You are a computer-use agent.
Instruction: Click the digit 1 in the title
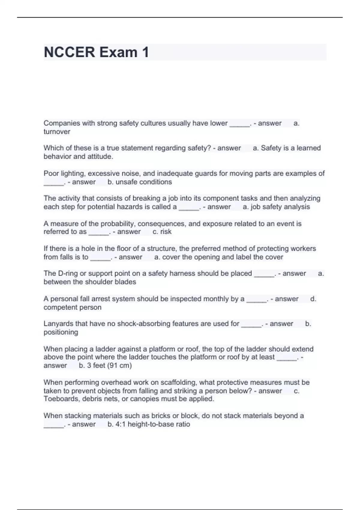pos(145,52)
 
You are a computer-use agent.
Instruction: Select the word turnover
pos(57,132)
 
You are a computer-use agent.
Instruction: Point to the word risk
pos(166,232)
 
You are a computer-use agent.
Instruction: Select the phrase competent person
pos(72,307)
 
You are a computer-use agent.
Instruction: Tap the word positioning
pos(61,332)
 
